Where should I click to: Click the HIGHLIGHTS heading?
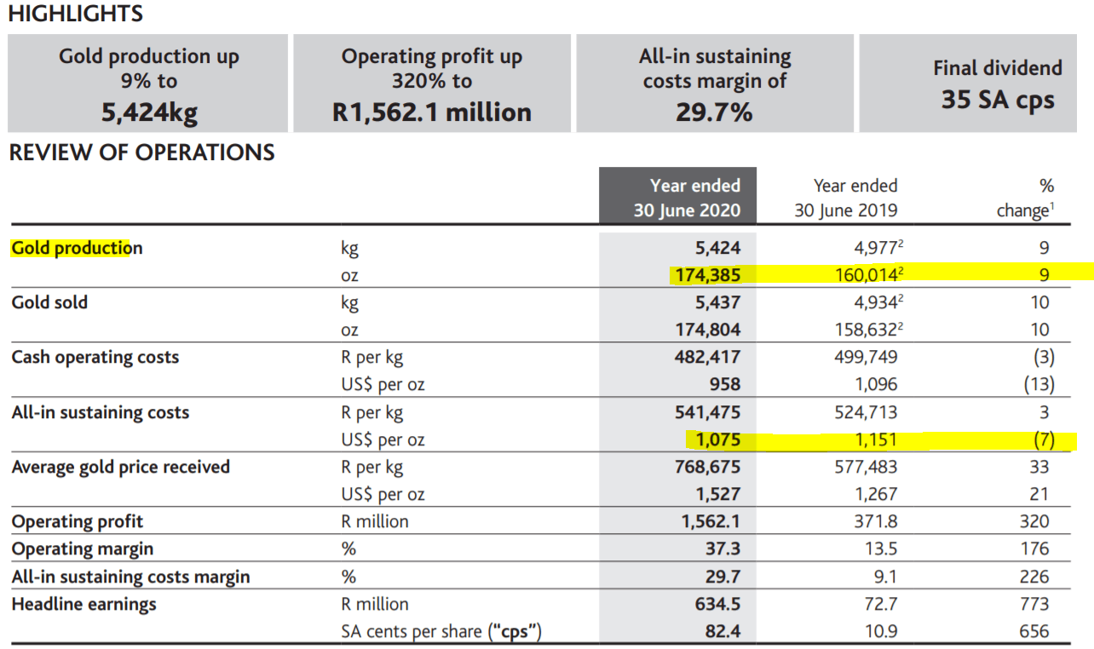76,14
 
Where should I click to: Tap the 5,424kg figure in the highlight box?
149,112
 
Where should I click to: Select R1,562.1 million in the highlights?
432,112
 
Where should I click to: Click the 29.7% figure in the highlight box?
714,112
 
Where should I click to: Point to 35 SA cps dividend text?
998,100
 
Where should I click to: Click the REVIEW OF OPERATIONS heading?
142,152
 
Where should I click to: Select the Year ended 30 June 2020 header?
686,198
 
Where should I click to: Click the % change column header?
1023,198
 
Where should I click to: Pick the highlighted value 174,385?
707,275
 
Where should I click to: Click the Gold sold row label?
49,302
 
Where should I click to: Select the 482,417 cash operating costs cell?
707,357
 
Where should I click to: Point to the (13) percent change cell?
1039,384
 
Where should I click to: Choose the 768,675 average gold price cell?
707,467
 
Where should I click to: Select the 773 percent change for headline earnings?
1034,604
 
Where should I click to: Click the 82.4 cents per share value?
723,632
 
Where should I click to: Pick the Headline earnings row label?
84,604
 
